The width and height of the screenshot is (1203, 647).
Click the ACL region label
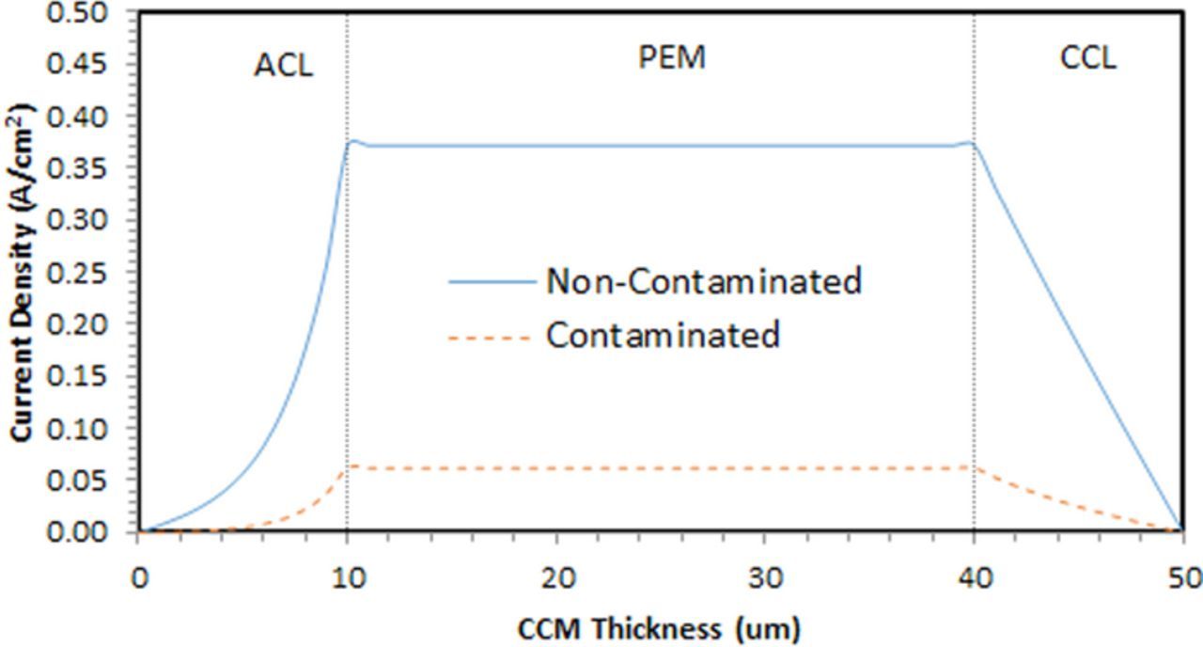283,66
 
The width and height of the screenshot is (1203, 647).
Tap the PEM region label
672,57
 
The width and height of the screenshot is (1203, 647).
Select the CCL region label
1088,57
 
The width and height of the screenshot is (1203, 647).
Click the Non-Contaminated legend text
703,281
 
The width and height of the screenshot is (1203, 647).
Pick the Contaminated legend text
663,335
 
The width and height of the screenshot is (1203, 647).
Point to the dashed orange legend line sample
492,337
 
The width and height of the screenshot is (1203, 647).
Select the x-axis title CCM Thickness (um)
659,627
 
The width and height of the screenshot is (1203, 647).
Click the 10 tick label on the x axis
348,577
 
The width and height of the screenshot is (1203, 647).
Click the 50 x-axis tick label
1182,577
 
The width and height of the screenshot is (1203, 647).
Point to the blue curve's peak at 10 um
352,142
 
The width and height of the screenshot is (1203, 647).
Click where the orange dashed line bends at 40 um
974,467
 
